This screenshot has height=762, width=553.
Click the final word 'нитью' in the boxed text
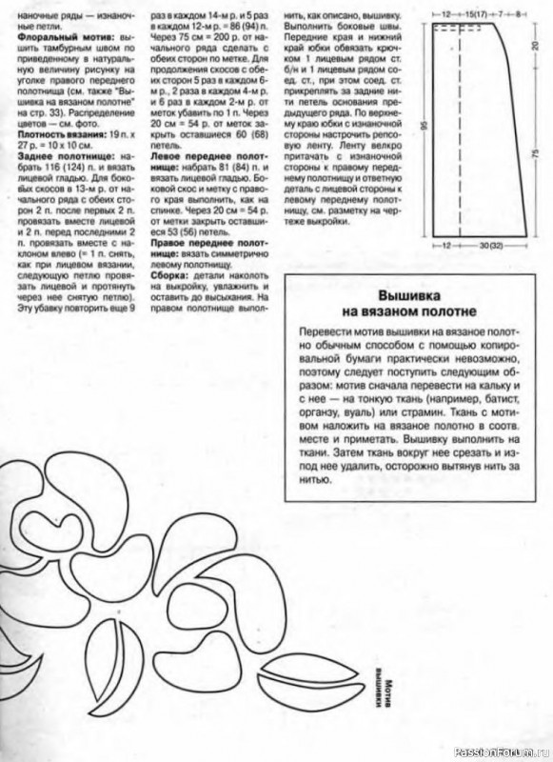(x=314, y=482)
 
